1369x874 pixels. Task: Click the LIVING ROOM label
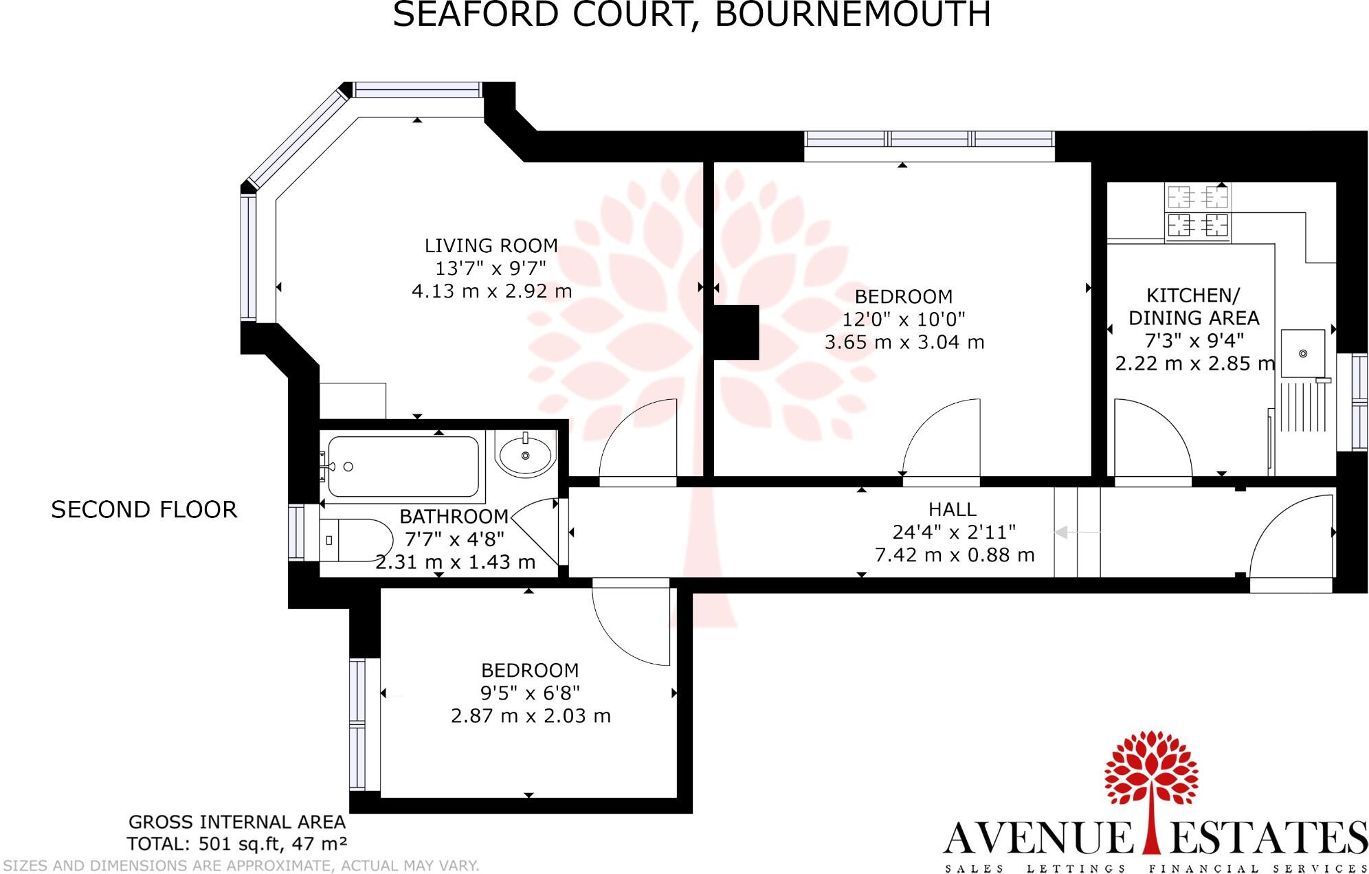(491, 245)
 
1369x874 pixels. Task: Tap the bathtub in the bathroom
(403, 467)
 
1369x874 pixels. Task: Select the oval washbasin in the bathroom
(526, 454)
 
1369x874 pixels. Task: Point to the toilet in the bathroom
(355, 540)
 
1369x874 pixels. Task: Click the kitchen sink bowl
(1303, 353)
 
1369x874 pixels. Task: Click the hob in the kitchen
(1198, 212)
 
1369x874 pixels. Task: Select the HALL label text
(952, 509)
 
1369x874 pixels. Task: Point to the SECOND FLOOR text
(144, 510)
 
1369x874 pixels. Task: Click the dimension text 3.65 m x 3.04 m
(904, 341)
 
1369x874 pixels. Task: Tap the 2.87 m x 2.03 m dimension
(531, 716)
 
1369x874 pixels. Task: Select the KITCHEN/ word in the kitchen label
(1193, 295)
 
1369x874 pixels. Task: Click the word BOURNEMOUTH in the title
(852, 15)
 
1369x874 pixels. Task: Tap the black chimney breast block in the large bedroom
(736, 332)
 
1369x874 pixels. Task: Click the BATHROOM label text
(454, 516)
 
